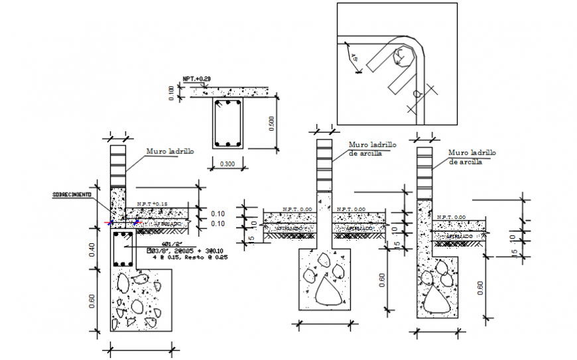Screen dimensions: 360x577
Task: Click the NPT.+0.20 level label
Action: [x=197, y=80]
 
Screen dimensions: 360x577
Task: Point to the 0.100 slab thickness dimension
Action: [x=173, y=93]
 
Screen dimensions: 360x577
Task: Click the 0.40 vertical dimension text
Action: [x=92, y=249]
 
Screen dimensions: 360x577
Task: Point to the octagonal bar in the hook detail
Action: [x=402, y=56]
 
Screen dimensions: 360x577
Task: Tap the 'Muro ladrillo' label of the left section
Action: [x=170, y=152]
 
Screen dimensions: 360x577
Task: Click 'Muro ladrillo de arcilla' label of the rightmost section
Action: [x=472, y=156]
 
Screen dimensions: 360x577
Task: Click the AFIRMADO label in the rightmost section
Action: [x=458, y=236]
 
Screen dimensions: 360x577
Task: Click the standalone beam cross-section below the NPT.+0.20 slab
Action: [x=227, y=123]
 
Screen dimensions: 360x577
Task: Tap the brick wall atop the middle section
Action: [x=324, y=166]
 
